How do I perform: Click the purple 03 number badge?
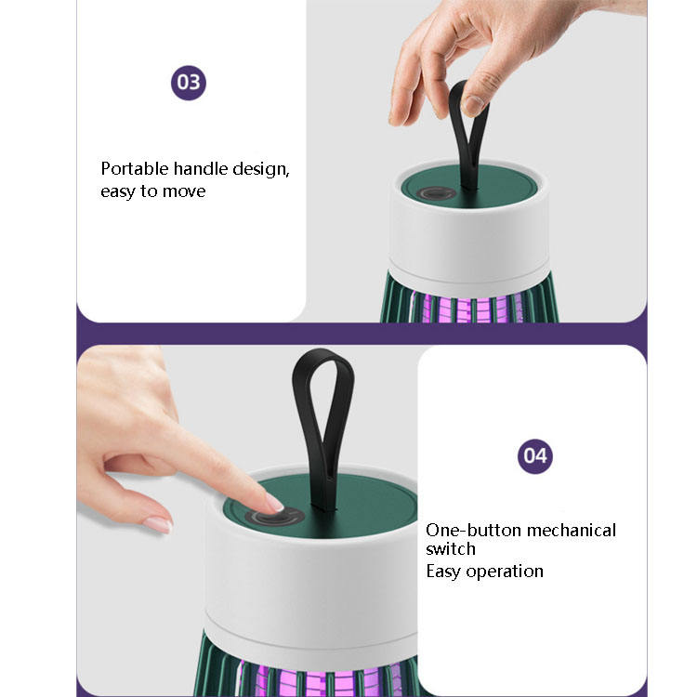189,83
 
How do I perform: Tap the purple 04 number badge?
535,456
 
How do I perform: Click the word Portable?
135,169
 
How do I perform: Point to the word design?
261,170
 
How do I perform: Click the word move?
184,191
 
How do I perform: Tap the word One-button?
473,531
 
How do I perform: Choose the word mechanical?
572,531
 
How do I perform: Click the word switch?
451,549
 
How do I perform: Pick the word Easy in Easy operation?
443,572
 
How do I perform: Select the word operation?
505,572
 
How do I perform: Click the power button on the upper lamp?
436,193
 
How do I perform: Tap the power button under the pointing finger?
275,517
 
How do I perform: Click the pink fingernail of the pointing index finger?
275,503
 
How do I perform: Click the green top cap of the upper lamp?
468,186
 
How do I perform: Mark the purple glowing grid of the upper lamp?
467,308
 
